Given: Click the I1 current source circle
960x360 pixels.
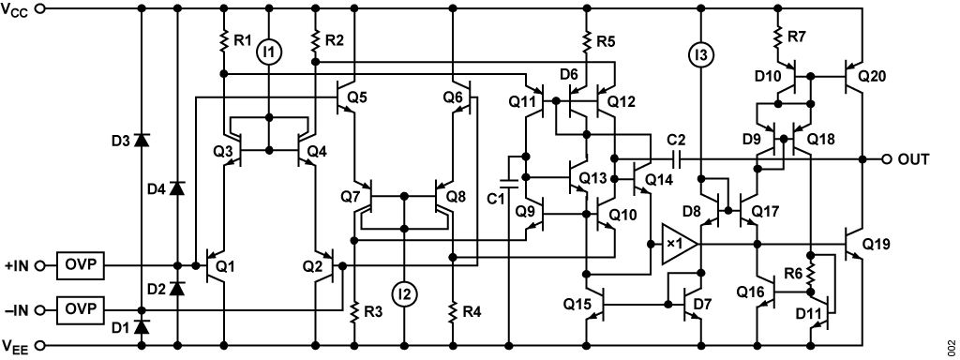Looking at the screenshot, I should click(x=269, y=54).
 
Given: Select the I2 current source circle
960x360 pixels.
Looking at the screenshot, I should click(x=405, y=295).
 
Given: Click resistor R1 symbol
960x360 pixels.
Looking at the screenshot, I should click(x=224, y=41).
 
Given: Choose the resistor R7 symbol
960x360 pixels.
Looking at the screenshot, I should click(x=777, y=37).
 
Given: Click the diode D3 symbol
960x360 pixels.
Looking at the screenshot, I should click(x=141, y=141).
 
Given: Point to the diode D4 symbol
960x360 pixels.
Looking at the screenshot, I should click(x=177, y=187).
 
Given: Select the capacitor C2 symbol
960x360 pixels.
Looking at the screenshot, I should click(x=678, y=159).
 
